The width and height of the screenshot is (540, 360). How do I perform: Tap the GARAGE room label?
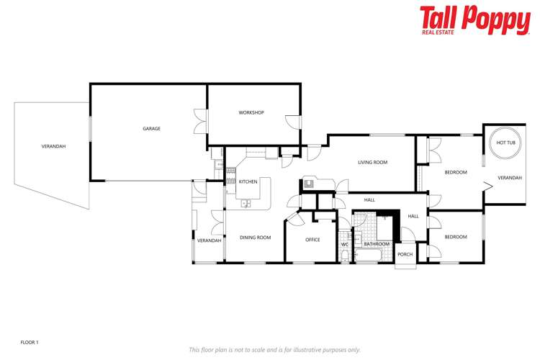point(151,129)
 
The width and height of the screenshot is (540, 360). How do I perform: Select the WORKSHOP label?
point(251,113)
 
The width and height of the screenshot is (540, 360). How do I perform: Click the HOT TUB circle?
point(506,143)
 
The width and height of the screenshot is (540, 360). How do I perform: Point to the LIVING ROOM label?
point(372,163)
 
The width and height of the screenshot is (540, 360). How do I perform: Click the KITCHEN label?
point(248,181)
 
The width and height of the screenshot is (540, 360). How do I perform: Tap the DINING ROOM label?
point(255,237)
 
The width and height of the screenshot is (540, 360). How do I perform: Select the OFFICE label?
point(312,240)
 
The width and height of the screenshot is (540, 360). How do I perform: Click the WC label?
point(344,244)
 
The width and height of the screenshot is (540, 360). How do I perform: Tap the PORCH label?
point(405,254)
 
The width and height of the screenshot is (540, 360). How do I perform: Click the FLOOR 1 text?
point(30,342)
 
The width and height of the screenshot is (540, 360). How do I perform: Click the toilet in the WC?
point(344,256)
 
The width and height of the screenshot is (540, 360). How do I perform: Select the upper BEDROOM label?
point(456,172)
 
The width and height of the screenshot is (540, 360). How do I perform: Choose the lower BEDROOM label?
point(456,237)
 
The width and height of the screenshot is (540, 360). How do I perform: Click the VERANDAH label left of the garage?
point(53,146)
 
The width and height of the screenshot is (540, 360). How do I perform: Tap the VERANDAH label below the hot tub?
point(510,177)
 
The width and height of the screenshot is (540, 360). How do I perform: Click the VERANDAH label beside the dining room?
point(209,240)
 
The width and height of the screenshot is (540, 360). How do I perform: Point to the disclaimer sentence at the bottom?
point(274,349)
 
